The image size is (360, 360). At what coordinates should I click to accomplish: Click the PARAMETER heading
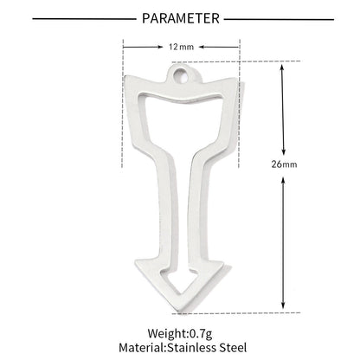coord(181,19)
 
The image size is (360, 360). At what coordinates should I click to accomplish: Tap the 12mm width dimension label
coord(181,47)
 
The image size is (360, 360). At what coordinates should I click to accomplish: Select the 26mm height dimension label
coord(284,164)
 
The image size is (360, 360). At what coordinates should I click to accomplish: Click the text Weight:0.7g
coord(180,334)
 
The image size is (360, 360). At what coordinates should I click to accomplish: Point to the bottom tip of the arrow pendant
coord(179,312)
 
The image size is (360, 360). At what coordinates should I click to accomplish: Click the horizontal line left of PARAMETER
coord(84,19)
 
